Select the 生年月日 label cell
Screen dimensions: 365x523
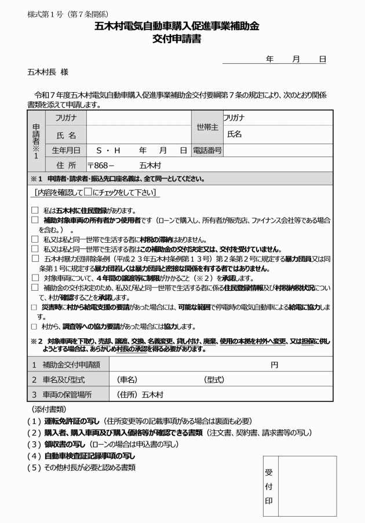pyautogui.click(x=64, y=150)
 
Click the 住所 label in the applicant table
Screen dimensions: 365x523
pyautogui.click(x=64, y=165)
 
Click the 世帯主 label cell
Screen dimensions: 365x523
pyautogui.click(x=207, y=126)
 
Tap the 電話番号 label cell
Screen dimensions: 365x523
pyautogui.click(x=207, y=150)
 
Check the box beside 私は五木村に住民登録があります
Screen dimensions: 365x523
pyautogui.click(x=35, y=210)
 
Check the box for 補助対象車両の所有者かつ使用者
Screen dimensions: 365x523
pyautogui.click(x=35, y=220)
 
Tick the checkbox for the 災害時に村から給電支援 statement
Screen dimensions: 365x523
pyautogui.click(x=35, y=306)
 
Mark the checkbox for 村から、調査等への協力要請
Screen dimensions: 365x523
pyautogui.click(x=35, y=327)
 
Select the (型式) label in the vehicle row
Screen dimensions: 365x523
pyautogui.click(x=214, y=379)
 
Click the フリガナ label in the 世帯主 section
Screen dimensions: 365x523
pyautogui.click(x=233, y=118)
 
